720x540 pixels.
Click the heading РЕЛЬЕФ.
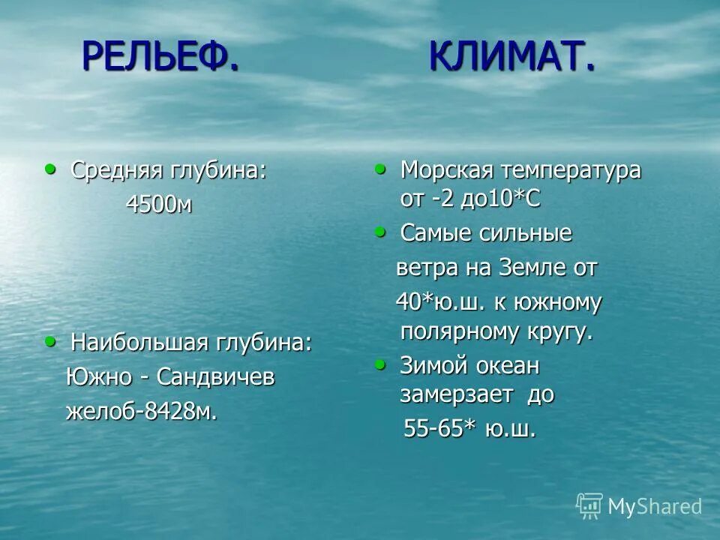(160, 56)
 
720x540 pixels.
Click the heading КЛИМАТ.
(513, 56)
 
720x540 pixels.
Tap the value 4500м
(158, 205)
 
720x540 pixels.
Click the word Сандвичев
(216, 377)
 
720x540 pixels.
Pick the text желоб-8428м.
(142, 412)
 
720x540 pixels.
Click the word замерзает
(457, 395)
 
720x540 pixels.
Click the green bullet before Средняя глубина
(50, 169)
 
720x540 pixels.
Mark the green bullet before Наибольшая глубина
(50, 341)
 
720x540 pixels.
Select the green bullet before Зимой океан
(380, 365)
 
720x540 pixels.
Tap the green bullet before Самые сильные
(380, 232)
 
